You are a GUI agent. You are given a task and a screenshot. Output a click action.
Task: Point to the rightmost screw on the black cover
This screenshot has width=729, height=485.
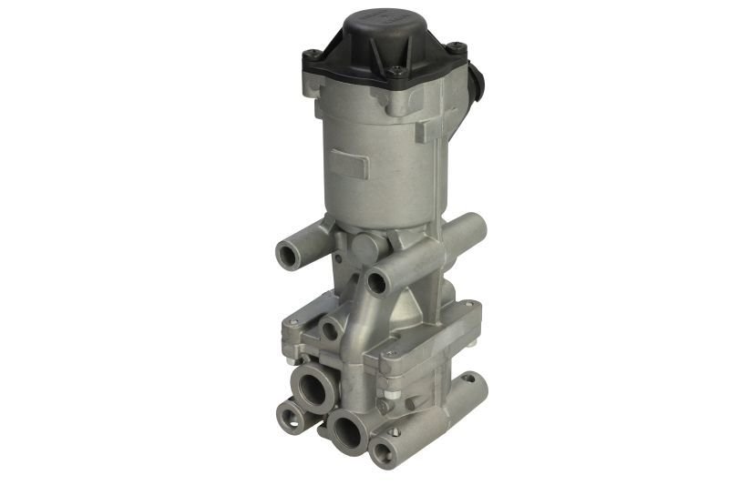(457, 47)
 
